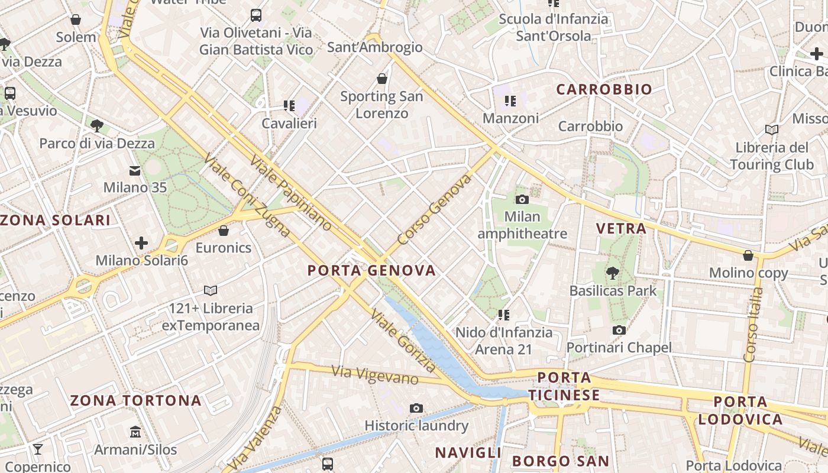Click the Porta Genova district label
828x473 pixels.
[x=371, y=271]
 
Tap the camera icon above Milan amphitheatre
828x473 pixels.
[x=522, y=199]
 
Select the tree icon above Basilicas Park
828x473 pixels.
[x=612, y=273]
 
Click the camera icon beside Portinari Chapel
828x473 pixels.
[x=619, y=330]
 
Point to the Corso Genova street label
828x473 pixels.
[x=434, y=210]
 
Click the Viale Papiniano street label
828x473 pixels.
[x=290, y=192]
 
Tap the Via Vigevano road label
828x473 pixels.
[x=375, y=375]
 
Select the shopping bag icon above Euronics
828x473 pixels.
[x=224, y=230]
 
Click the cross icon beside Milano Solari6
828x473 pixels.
[x=141, y=243]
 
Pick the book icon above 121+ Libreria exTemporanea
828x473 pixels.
[x=211, y=290]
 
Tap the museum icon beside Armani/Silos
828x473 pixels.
[x=135, y=432]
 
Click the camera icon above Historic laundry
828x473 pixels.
[x=416, y=408]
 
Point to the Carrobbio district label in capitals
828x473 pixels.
[x=604, y=90]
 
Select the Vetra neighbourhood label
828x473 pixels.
[x=621, y=229]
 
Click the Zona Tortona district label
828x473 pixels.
[x=136, y=401]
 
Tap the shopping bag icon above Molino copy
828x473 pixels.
[x=748, y=255]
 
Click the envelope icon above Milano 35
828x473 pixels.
[x=135, y=171]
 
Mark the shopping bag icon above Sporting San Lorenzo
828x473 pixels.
[x=382, y=79]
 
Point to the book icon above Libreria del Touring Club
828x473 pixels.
[x=772, y=129]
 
